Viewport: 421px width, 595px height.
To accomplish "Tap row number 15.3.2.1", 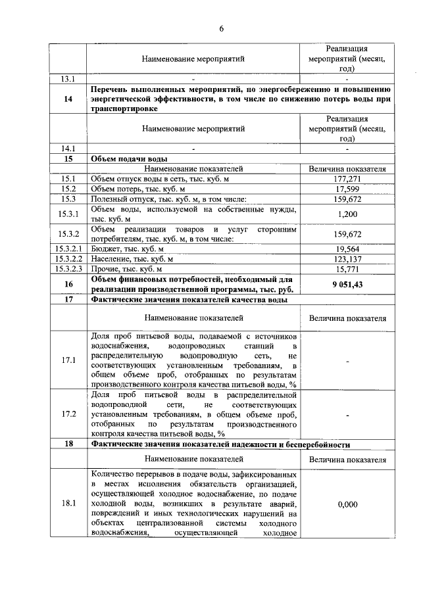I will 67,249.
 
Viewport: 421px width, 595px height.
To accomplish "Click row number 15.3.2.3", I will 67,269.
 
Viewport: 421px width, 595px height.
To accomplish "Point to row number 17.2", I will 68,414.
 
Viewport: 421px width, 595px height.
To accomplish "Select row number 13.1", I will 68,79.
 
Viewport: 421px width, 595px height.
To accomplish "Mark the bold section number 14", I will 68,99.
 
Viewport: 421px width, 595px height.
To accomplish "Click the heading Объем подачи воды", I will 128,159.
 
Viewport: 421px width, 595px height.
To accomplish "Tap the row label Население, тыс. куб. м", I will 132,259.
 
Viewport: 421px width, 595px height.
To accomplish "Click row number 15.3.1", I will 68,214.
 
